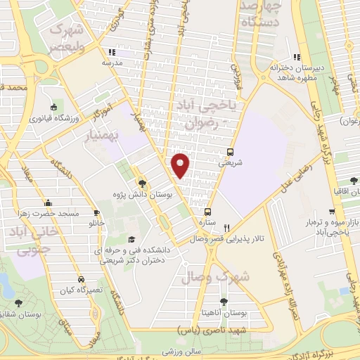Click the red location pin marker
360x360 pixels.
tap(181, 165)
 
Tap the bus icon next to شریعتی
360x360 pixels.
tap(231, 151)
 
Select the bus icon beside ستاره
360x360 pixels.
tap(207, 211)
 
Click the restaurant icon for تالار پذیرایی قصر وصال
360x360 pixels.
tap(226, 227)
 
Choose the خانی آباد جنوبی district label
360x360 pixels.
tap(34, 240)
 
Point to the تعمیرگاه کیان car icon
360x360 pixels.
tap(83, 279)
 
